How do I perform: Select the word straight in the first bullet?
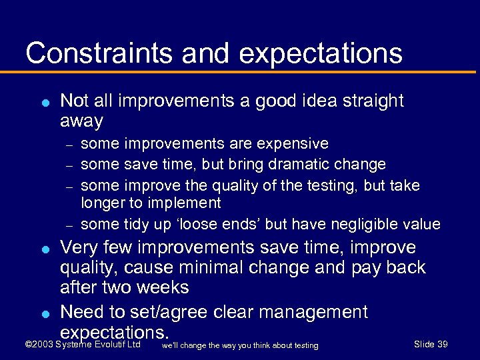click(x=372, y=101)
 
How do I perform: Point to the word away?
click(x=82, y=121)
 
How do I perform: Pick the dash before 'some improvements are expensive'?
click(x=68, y=144)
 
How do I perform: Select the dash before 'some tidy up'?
click(x=68, y=225)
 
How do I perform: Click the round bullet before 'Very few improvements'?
click(x=43, y=249)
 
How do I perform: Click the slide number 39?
click(x=441, y=344)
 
